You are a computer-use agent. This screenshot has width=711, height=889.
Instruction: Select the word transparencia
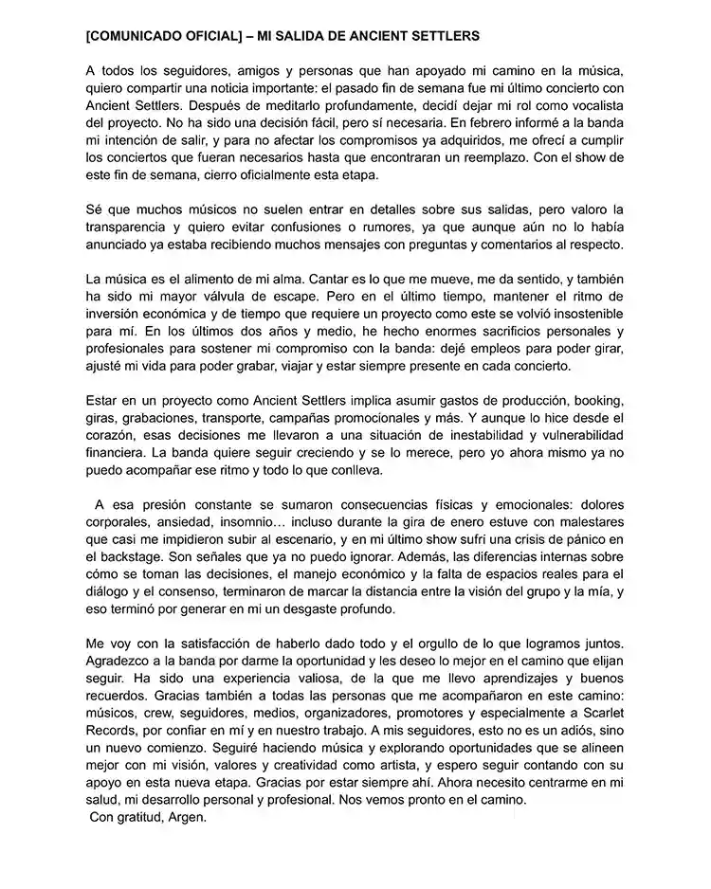tap(132, 227)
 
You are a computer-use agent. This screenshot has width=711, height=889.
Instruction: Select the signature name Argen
tap(184, 817)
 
